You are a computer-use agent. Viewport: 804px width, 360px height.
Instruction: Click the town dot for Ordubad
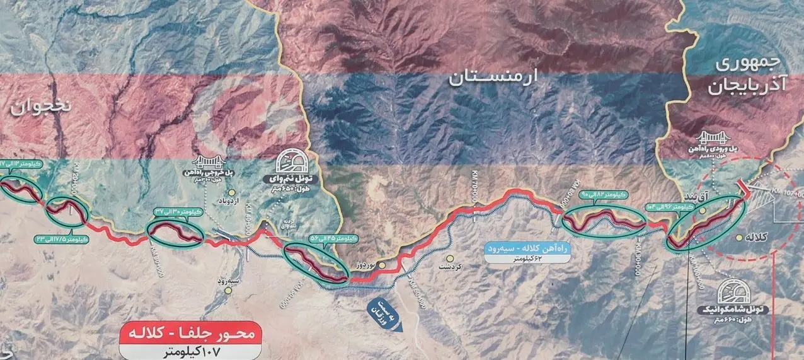[x=232, y=192]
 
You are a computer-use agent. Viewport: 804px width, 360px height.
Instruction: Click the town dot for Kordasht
[x=450, y=258]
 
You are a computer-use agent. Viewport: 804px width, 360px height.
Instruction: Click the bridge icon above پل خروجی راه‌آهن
[x=207, y=163]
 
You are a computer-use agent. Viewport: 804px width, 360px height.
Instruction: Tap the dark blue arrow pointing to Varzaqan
[x=382, y=311]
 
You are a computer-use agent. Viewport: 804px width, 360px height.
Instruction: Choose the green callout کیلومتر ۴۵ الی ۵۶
[x=334, y=238]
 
